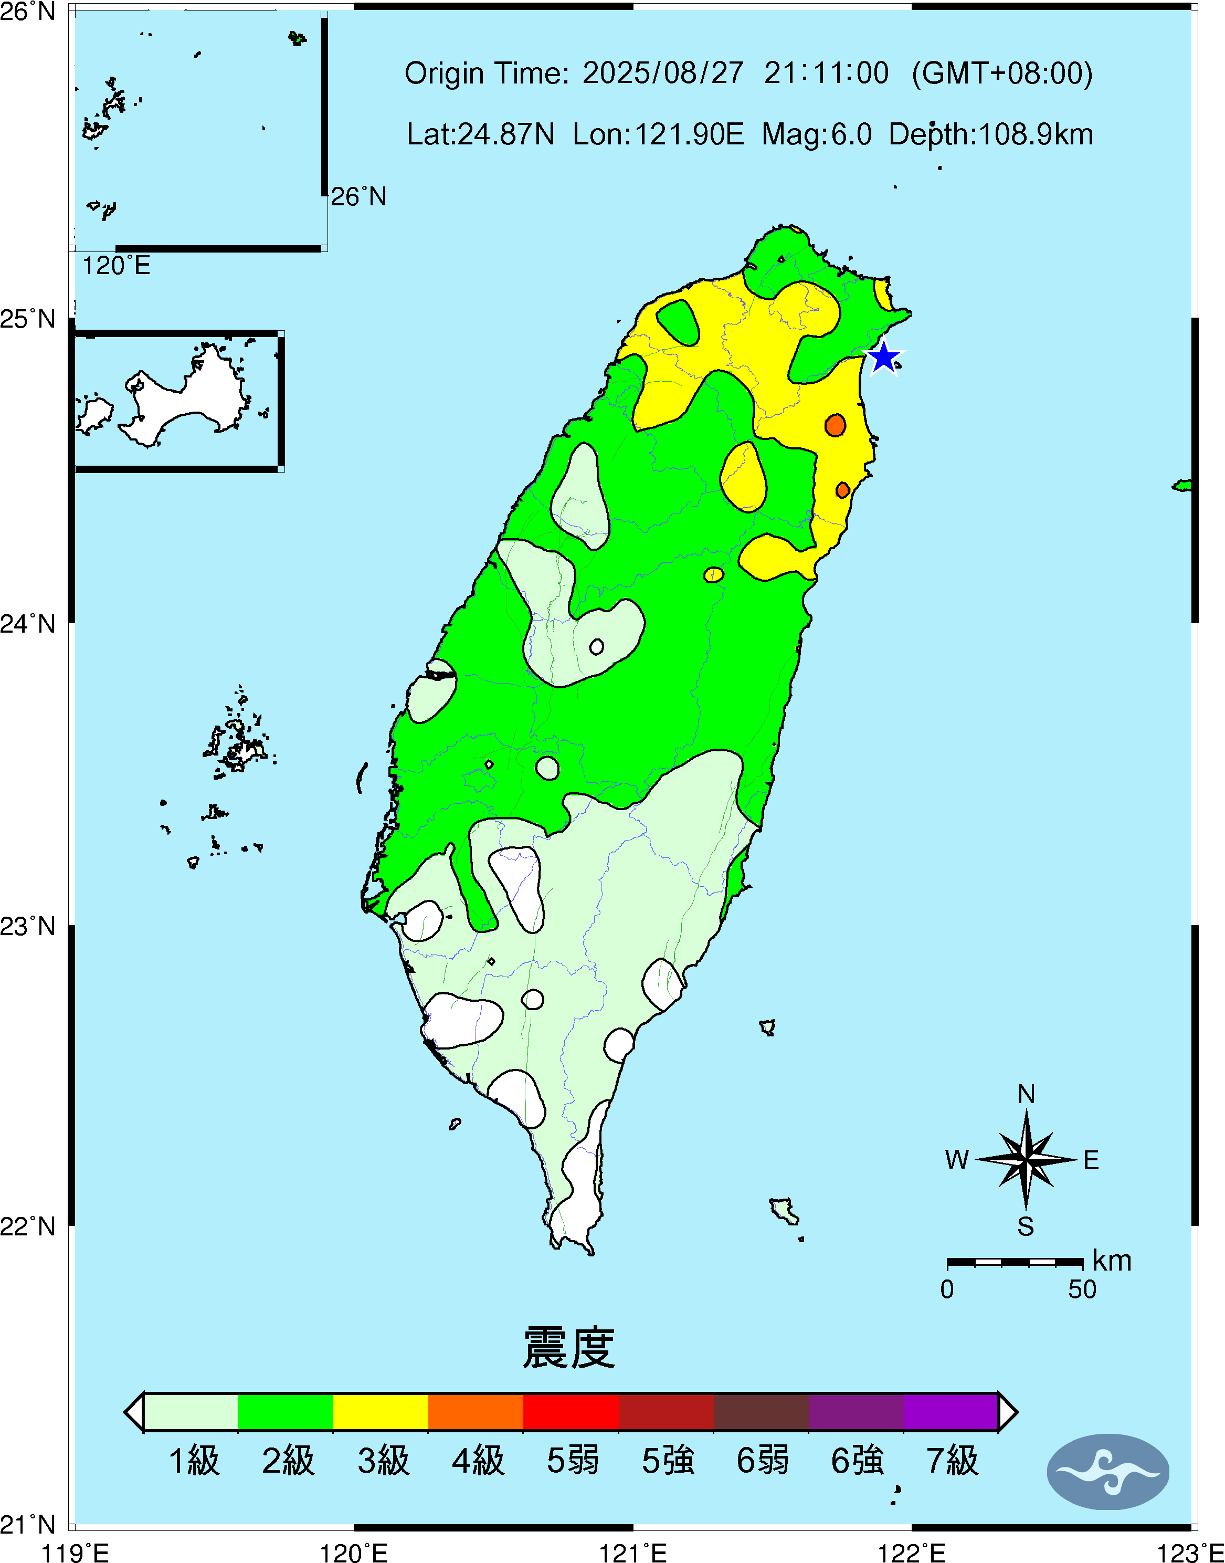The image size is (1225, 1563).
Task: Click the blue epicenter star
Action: click(x=884, y=357)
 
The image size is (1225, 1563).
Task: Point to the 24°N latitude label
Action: click(x=27, y=623)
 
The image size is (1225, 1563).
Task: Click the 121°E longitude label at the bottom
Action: click(x=632, y=1553)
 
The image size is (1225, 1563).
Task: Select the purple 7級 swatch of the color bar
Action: click(x=951, y=1412)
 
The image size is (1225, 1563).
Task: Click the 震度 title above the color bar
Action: click(x=569, y=1348)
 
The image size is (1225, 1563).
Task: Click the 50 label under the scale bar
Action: click(x=1082, y=1289)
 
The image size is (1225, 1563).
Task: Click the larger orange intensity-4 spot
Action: click(x=835, y=425)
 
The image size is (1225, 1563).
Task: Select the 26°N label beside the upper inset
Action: click(x=358, y=196)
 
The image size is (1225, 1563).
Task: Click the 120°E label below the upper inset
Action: click(x=116, y=266)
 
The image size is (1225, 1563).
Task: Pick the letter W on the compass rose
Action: click(x=957, y=1160)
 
